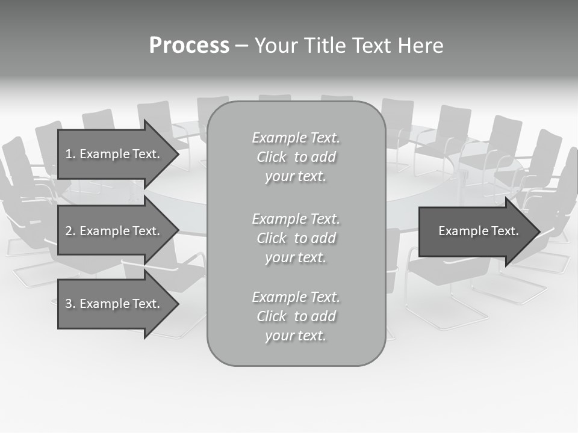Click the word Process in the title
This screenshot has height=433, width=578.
tap(189, 46)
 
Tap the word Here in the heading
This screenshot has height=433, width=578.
tap(420, 46)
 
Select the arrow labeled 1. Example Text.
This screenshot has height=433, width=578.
tap(114, 154)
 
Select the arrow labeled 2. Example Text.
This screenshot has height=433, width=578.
tap(114, 231)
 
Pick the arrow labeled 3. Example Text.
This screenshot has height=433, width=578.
tap(114, 304)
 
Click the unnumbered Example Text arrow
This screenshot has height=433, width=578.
tap(476, 232)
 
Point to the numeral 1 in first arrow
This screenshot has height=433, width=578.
tap(69, 154)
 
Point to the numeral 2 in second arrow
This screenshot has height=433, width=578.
tap(69, 231)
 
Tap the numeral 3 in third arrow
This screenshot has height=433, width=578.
tap(69, 304)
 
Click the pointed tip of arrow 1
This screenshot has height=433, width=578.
tap(177, 154)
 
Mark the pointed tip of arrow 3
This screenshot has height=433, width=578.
tap(177, 304)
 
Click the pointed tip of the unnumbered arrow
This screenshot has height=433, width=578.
tap(538, 232)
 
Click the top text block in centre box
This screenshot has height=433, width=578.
tap(296, 157)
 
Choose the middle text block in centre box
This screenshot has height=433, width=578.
tap(296, 238)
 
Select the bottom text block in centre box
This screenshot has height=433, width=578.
tap(296, 316)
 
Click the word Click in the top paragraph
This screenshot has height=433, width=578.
tap(272, 158)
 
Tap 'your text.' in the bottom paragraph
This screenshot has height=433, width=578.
tap(296, 336)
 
